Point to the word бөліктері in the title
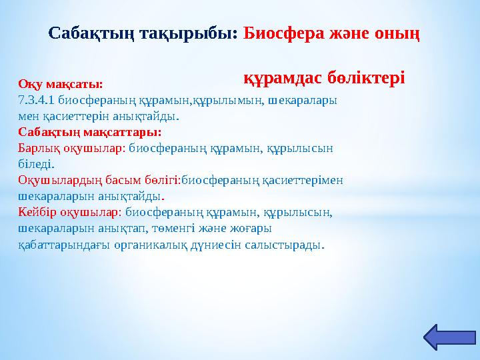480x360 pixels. (366, 77)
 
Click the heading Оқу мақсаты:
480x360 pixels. (61, 85)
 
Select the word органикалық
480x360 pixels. (155, 244)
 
